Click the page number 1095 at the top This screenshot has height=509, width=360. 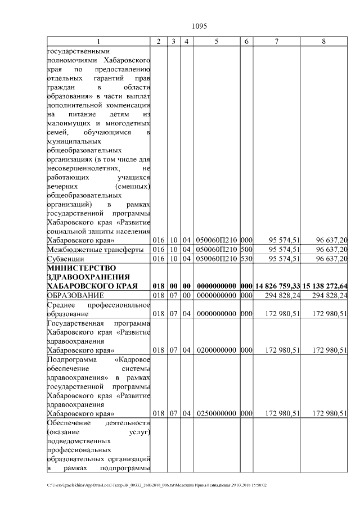click(x=200, y=26)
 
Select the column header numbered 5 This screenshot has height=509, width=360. click(x=216, y=42)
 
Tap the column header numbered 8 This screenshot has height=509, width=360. click(x=323, y=42)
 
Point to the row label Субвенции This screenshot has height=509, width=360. click(x=66, y=258)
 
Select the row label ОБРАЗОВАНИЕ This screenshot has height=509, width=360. click(x=75, y=295)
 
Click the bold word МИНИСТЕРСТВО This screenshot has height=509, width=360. click(x=80, y=267)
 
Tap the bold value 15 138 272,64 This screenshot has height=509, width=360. click(x=325, y=286)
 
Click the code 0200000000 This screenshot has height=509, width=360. click(x=216, y=350)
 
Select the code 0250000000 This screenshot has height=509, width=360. click(x=216, y=413)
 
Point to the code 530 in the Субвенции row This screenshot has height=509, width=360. click(x=246, y=258)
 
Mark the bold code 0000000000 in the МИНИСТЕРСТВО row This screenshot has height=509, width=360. click(x=216, y=286)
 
